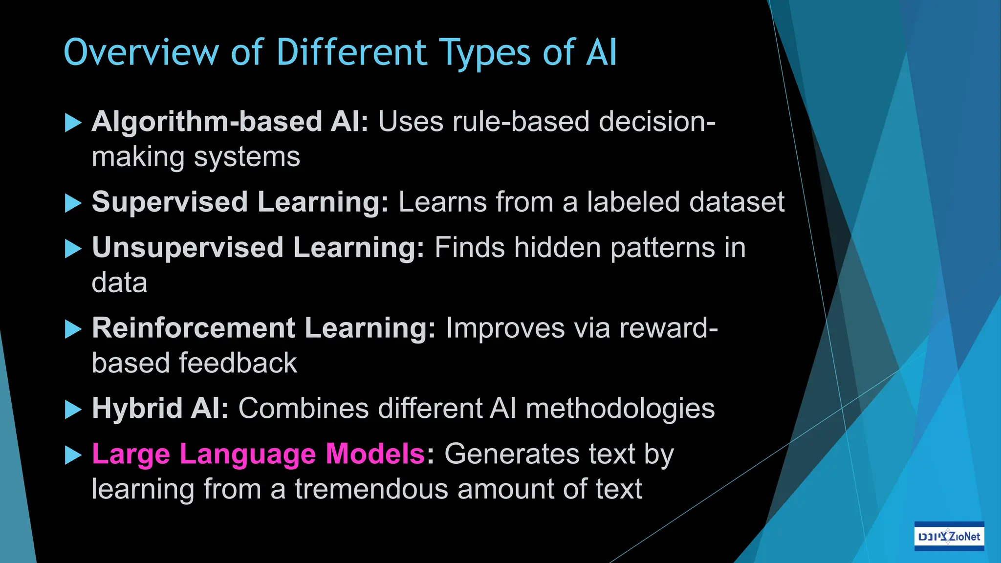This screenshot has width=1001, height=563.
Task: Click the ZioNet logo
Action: [949, 536]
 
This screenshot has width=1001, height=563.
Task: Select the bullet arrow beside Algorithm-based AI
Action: [73, 122]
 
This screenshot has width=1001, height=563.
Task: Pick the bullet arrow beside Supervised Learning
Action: [73, 203]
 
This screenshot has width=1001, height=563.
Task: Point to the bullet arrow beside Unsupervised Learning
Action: [73, 248]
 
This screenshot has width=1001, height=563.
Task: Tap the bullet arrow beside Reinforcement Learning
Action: [73, 329]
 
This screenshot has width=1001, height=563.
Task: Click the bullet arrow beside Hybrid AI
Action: [73, 410]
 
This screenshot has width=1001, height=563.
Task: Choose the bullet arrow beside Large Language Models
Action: [73, 455]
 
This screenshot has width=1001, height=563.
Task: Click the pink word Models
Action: [375, 454]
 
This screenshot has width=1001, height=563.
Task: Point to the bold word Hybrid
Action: [137, 408]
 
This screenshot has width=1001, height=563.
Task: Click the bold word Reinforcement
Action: [194, 327]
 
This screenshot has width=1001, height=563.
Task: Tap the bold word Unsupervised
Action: [188, 248]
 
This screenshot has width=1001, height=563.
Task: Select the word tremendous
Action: [371, 489]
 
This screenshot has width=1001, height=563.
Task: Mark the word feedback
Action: [238, 363]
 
